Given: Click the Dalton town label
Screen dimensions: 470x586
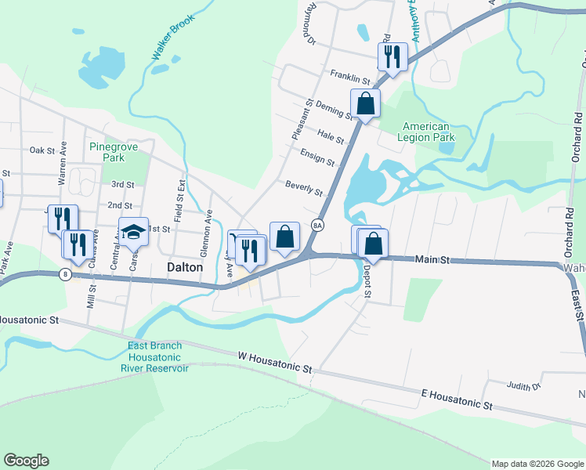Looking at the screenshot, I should click(185, 267).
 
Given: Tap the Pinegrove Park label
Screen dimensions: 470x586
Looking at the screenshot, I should click(107, 152).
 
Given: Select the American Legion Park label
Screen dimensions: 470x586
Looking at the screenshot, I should click(426, 132).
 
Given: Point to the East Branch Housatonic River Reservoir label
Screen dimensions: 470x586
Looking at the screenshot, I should click(154, 356).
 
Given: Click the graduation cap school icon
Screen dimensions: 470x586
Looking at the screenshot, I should click(133, 232).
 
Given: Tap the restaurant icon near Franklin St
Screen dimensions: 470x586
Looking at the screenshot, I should click(392, 56).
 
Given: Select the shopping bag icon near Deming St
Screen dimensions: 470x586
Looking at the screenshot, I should click(365, 103).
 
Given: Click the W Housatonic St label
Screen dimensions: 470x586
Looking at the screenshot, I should click(275, 361).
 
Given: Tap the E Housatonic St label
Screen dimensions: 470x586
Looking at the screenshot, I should click(457, 399).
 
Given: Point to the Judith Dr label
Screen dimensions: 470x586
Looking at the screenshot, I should click(524, 385).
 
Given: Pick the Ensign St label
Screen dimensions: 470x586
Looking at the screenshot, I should click(317, 157).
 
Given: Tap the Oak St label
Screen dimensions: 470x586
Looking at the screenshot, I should click(40, 150).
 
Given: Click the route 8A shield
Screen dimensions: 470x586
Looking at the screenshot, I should click(317, 224).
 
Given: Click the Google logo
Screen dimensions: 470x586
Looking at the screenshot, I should click(26, 461).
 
